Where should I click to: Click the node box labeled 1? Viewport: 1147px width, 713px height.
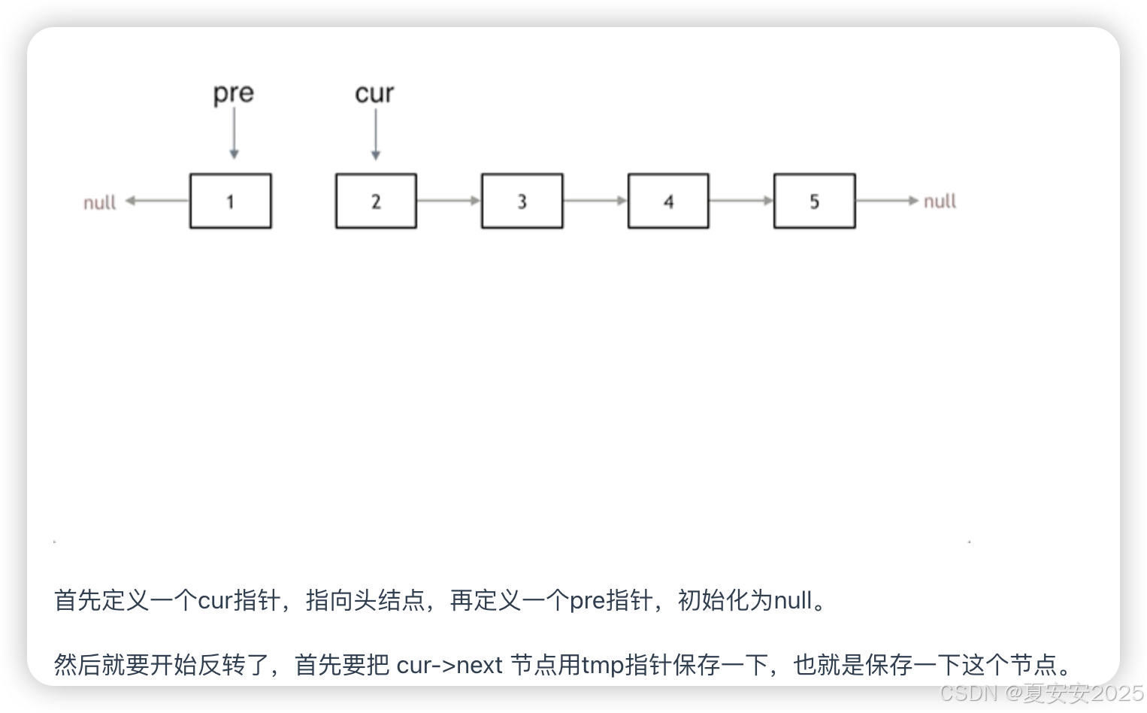point(230,201)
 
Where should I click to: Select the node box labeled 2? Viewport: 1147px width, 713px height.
point(376,201)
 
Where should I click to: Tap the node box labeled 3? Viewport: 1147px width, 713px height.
point(522,201)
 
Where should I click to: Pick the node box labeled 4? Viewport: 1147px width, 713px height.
point(668,201)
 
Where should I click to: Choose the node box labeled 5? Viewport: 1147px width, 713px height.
point(814,201)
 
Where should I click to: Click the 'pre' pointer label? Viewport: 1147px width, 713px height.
point(233,94)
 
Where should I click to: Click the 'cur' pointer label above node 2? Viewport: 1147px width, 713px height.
point(374,94)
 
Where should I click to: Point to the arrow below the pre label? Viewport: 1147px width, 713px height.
point(234,133)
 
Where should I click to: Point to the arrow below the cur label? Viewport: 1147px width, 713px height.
point(376,134)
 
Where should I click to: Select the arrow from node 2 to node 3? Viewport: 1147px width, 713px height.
point(449,201)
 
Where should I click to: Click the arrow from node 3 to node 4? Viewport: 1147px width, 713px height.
point(595,201)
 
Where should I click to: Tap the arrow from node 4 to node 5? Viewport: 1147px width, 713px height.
point(741,201)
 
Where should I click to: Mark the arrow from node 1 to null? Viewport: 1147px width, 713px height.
point(157,201)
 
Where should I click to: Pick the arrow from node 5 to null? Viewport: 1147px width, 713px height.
point(887,201)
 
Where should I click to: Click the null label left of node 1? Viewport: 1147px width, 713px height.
point(99,202)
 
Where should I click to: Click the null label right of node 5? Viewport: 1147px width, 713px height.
point(940,201)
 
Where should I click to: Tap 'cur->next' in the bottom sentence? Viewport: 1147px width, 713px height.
point(449,665)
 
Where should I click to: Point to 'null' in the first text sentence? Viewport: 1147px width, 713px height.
point(793,600)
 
